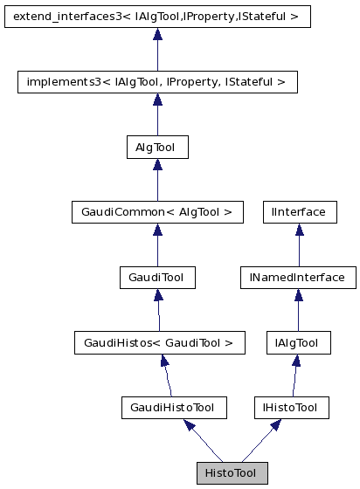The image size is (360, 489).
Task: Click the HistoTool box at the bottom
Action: [232, 472]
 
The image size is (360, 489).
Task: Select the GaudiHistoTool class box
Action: [173, 408]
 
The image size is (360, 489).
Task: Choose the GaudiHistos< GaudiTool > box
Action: [158, 343]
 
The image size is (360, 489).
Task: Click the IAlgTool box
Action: [299, 343]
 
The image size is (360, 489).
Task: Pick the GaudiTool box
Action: [156, 278]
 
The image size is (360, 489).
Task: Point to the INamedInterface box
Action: [299, 278]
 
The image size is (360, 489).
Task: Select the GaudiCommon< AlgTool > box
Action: [156, 212]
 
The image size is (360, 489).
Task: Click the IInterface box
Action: [299, 212]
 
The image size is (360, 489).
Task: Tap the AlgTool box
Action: [156, 148]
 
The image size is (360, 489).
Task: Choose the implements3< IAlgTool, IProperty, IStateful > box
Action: [157, 82]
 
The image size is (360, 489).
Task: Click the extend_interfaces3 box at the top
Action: [157, 17]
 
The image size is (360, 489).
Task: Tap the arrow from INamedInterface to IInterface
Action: [299, 245]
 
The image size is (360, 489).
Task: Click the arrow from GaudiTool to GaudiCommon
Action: [156, 245]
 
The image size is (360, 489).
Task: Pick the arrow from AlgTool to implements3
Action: [156, 115]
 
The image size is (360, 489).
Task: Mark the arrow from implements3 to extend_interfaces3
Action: [157, 50]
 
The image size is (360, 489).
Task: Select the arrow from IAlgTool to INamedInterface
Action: [299, 311]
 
